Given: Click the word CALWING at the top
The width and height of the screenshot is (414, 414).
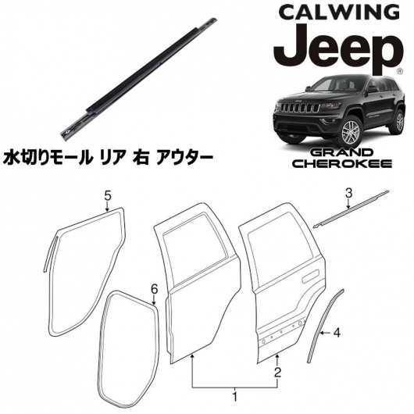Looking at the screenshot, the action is click(339, 12).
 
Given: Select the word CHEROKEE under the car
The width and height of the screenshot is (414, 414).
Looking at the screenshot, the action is click(343, 164).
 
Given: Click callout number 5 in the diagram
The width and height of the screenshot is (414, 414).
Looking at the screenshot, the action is click(108, 196).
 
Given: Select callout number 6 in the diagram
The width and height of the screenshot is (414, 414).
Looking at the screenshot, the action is click(154, 289).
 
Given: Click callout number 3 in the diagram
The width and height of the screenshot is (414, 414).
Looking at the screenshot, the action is click(349, 194).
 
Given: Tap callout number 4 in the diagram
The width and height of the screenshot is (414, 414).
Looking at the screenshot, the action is click(337, 334).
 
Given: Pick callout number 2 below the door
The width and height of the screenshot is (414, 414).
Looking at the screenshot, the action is click(277, 373).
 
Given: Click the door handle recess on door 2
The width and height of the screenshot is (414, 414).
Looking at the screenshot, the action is click(311, 277).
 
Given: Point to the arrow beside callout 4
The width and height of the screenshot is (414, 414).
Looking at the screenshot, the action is click(326, 334).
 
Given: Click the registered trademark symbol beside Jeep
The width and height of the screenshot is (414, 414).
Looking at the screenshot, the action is click(400, 71).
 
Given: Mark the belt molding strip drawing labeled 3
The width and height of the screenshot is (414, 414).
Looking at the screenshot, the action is click(351, 209).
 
